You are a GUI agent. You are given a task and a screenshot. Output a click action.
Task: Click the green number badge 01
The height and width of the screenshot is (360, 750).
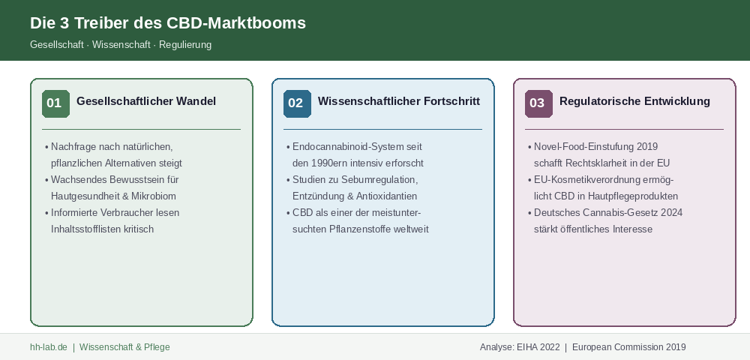tap(56, 103)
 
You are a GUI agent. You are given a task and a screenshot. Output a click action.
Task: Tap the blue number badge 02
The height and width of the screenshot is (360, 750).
tap(298, 103)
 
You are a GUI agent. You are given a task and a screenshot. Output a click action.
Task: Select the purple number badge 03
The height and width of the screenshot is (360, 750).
tap(539, 103)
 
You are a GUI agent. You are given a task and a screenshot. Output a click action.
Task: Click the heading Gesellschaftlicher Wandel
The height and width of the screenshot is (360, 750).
tap(146, 101)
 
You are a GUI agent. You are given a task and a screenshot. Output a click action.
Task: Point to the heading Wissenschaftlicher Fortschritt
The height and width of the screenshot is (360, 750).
tap(399, 101)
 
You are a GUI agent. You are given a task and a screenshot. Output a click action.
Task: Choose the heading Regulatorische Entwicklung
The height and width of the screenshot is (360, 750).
tap(634, 101)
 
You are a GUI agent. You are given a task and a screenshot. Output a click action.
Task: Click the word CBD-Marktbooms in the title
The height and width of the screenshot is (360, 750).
tap(236, 23)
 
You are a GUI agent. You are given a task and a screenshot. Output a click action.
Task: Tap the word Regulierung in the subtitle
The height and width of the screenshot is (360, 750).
tap(185, 44)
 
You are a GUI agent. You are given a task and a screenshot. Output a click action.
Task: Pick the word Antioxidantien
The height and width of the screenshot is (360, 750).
tap(386, 196)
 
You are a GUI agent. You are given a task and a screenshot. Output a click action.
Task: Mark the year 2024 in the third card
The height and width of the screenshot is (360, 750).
tap(671, 213)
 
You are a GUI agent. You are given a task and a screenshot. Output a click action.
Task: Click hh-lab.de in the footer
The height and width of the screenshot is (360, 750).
tap(49, 347)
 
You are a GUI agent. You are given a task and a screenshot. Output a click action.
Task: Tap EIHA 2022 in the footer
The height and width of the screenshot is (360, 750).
tap(538, 347)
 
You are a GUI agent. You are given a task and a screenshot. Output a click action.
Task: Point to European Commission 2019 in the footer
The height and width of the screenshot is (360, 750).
tap(629, 347)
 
